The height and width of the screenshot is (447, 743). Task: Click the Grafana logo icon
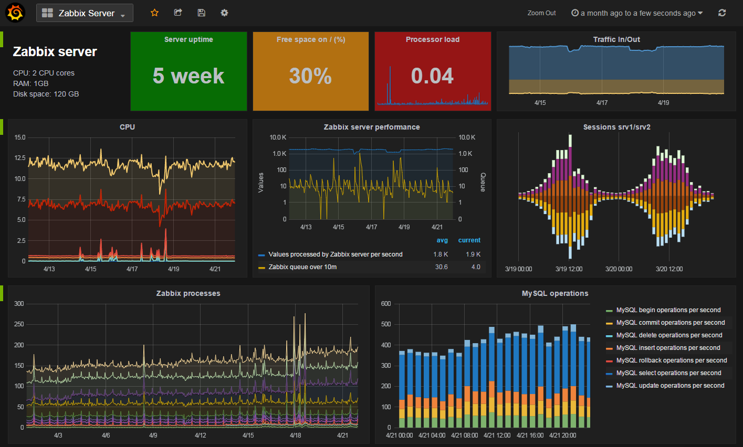pos(15,13)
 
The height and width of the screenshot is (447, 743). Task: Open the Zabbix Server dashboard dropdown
pos(85,13)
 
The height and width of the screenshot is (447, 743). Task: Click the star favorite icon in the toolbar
pos(154,13)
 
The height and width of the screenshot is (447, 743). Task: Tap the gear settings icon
pos(224,13)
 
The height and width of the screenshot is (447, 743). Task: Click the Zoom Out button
pos(541,13)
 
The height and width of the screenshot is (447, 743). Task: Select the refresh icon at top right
pos(722,13)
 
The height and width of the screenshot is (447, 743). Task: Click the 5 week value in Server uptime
pos(189,76)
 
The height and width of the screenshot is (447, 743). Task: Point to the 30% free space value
pos(310,76)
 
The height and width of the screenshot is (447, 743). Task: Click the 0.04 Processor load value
pos(432,76)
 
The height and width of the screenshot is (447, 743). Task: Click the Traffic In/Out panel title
pos(616,39)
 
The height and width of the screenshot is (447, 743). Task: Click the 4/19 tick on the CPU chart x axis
pos(173,269)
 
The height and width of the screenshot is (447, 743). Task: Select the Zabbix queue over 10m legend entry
pos(302,267)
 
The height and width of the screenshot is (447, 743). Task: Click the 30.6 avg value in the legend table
pos(441,267)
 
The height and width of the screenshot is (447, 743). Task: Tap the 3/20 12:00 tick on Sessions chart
pos(669,269)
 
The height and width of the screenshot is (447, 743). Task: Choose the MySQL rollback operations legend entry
pos(671,360)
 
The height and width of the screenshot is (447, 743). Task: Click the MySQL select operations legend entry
pos(668,373)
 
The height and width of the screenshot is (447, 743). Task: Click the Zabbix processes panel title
pos(189,293)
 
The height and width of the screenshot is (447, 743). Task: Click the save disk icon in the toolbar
pos(201,13)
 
